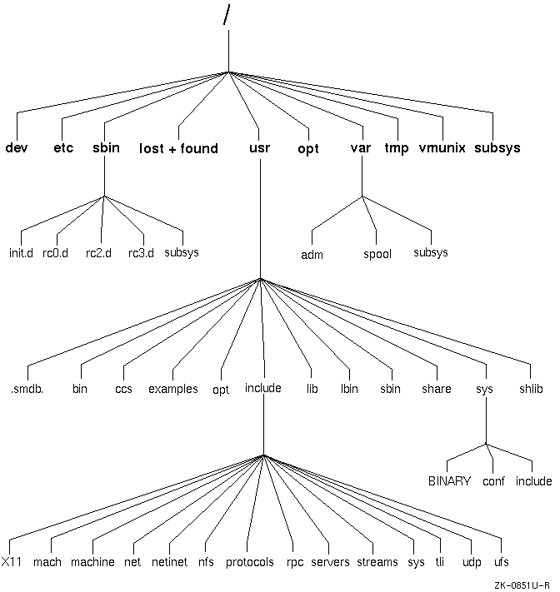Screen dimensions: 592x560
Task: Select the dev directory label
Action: click(16, 148)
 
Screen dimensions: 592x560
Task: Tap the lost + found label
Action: click(178, 149)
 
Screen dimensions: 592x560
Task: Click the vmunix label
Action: click(442, 148)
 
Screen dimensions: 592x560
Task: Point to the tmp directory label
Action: click(397, 148)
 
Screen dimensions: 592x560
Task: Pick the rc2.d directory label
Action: click(98, 252)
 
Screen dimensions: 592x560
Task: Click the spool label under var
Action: click(377, 254)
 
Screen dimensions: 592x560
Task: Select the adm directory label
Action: click(312, 254)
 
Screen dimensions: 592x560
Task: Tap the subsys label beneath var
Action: click(431, 252)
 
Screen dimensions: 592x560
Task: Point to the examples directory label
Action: click(173, 389)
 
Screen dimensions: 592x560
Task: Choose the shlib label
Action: click(530, 389)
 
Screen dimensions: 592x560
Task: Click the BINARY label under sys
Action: click(450, 481)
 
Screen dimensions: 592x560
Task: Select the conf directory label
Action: click(494, 481)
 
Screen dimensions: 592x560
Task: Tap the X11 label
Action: click(12, 562)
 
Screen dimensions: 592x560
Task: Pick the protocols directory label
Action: click(249, 563)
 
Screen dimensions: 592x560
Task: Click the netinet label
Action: click(170, 562)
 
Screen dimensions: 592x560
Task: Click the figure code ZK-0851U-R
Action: click(521, 585)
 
